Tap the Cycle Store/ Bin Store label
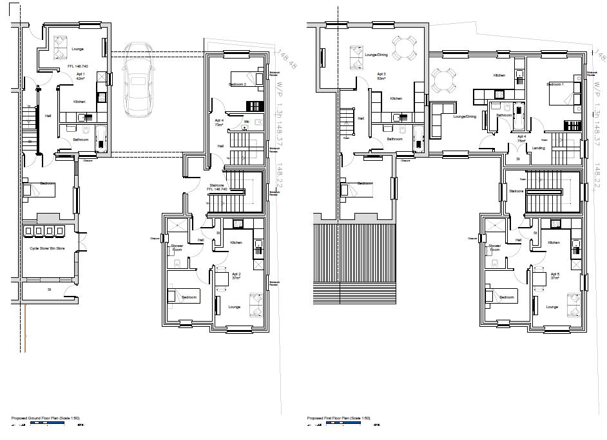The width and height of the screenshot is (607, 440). tap(48, 248)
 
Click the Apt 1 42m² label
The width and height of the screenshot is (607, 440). tap(81, 76)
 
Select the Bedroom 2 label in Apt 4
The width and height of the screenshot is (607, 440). tap(238, 84)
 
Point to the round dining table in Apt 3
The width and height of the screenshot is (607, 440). tap(404, 48)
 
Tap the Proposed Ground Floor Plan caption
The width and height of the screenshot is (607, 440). tap(44, 418)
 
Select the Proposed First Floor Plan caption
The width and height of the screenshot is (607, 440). tap(339, 418)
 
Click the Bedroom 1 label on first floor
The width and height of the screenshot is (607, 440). tap(555, 84)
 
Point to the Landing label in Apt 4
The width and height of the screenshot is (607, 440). tap(538, 148)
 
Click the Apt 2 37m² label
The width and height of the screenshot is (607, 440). tap(236, 275)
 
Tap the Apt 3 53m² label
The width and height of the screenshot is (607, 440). tap(381, 76)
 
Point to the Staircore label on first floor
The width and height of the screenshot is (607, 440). tap(516, 191)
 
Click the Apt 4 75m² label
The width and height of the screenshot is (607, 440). tap(521, 138)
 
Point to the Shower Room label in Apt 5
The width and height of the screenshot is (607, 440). tap(494, 248)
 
